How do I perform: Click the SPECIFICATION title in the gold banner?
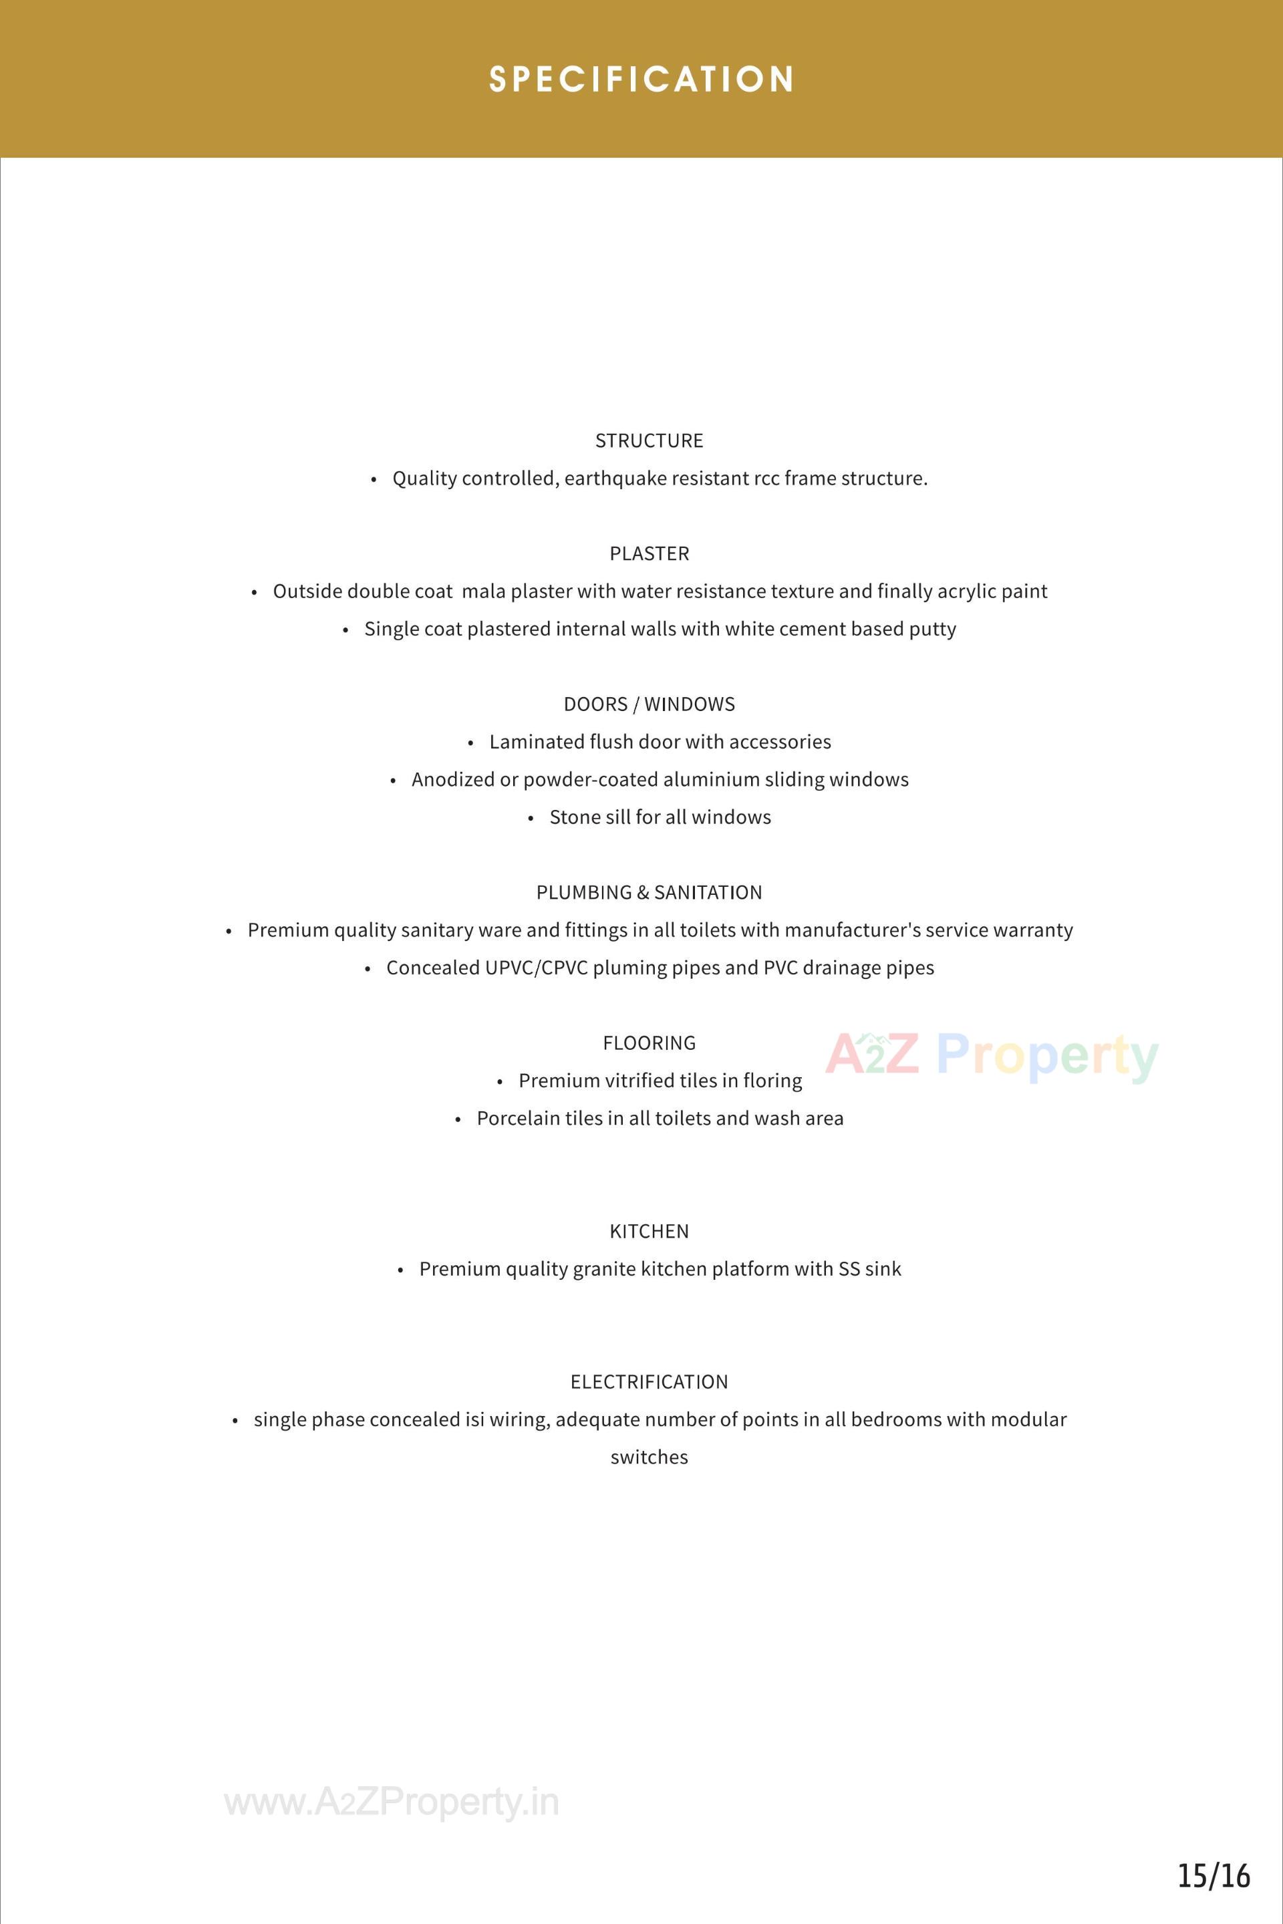point(641,80)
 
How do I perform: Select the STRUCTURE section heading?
point(649,441)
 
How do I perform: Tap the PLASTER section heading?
point(649,554)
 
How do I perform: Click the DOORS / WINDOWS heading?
point(649,704)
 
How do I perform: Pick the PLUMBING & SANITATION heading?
point(649,893)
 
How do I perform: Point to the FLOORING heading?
point(649,1043)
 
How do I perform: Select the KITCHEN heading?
point(649,1232)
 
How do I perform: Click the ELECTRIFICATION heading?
point(649,1382)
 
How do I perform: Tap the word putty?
point(932,630)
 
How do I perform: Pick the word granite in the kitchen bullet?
point(604,1269)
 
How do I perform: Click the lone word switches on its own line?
point(649,1458)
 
